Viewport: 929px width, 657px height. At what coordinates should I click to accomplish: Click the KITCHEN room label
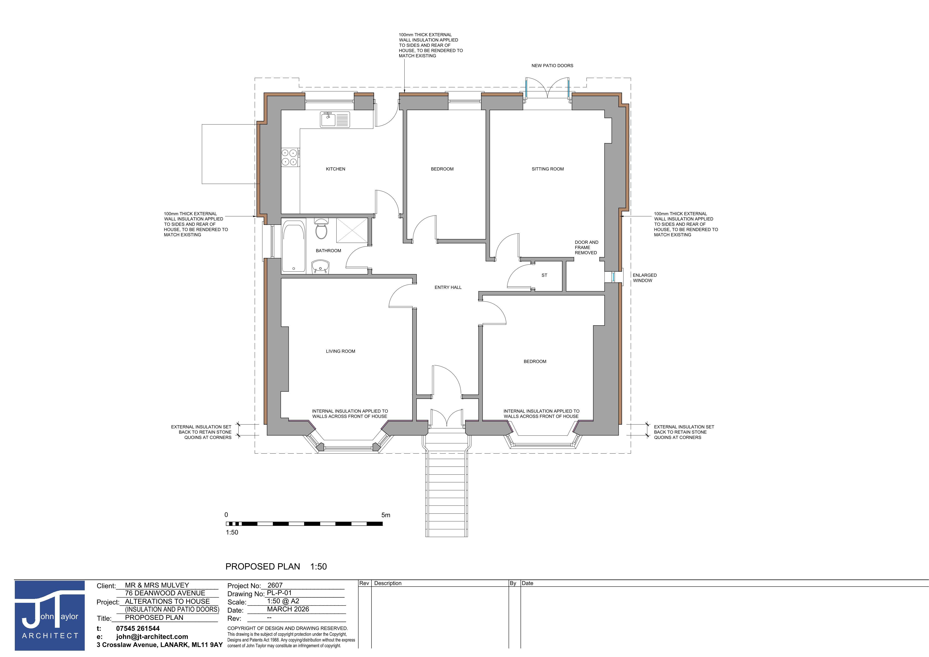pos(335,169)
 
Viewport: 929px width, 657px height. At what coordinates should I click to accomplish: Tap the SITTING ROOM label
pos(548,169)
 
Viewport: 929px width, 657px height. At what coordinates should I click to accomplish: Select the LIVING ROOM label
pos(340,351)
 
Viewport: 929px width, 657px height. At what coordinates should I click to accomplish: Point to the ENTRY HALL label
pos(448,287)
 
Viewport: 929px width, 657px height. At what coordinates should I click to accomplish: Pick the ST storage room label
pos(544,275)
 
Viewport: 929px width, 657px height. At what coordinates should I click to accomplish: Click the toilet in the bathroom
pos(321,229)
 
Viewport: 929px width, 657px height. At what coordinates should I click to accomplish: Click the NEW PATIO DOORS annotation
pos(552,66)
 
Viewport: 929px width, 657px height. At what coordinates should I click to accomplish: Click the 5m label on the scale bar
pos(386,515)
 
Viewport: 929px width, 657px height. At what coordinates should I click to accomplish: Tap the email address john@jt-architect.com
pos(152,636)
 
